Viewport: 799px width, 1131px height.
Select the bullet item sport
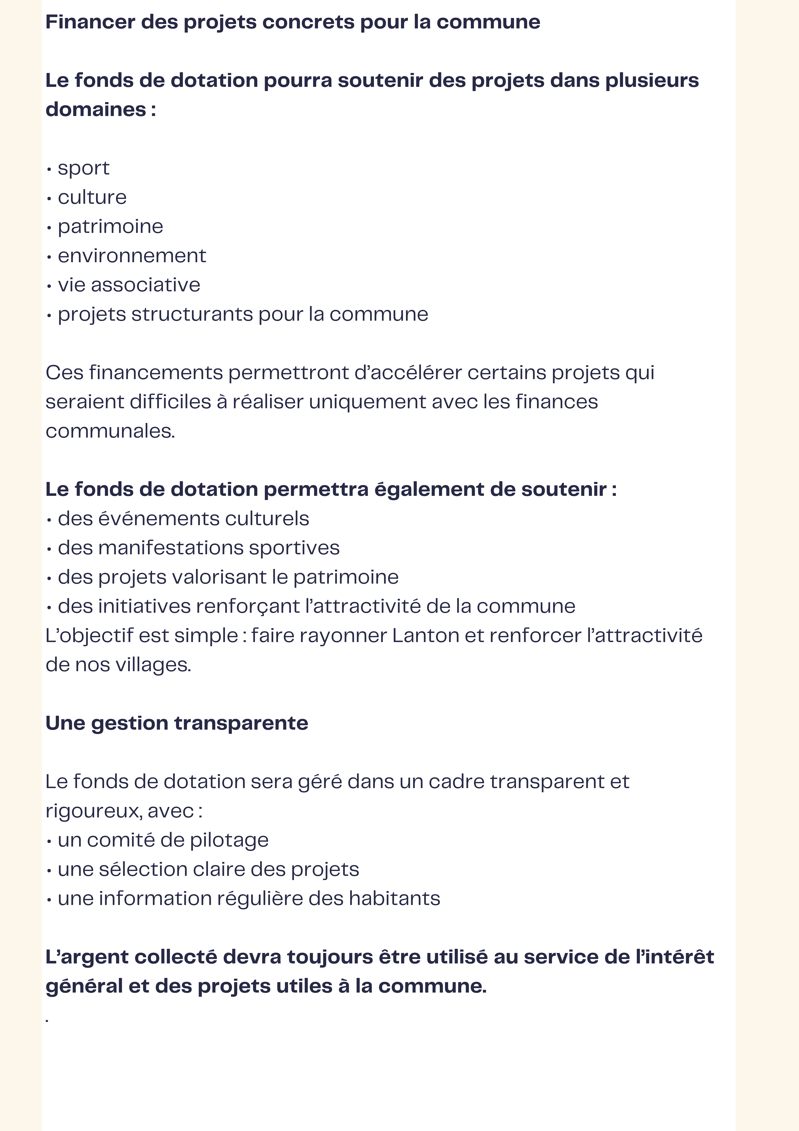coord(83,168)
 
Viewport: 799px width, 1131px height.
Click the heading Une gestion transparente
coord(177,723)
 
